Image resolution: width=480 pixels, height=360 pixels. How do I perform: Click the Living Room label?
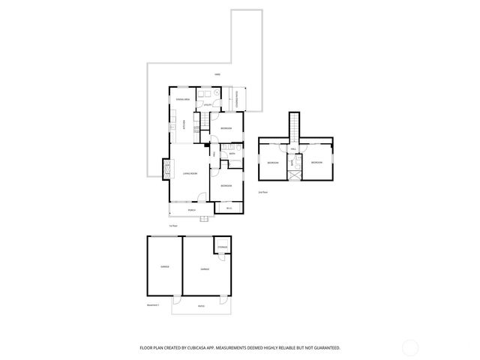(190, 173)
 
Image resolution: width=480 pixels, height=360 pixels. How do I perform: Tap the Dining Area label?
(182, 99)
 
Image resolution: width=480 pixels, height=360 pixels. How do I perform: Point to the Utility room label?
(208, 105)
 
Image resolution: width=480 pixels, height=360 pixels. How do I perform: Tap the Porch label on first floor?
(191, 211)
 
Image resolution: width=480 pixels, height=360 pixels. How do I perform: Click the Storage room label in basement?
(223, 247)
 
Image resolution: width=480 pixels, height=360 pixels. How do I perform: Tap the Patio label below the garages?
(201, 306)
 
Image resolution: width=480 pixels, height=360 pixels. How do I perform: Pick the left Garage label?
(163, 266)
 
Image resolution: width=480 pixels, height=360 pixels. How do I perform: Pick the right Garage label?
(205, 268)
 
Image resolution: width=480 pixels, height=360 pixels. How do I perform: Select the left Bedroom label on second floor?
(272, 163)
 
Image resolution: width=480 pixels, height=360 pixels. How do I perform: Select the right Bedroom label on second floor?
(316, 162)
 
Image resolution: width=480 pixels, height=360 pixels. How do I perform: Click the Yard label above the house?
(217, 74)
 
